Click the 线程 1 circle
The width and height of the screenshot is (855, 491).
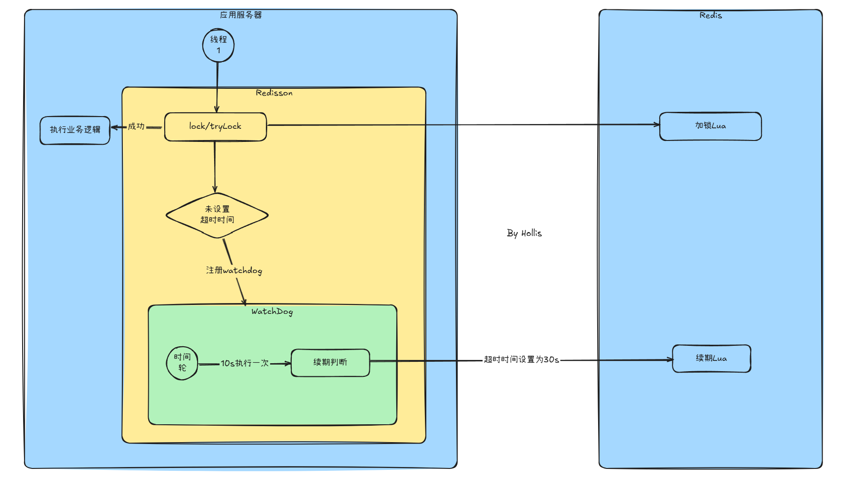tap(218, 45)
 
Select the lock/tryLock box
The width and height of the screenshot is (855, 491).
tap(216, 126)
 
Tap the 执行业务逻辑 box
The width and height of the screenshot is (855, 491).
tap(75, 130)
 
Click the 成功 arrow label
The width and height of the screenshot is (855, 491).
tap(136, 126)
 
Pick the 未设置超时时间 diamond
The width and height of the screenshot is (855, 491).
tap(217, 215)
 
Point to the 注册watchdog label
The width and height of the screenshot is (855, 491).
tap(234, 270)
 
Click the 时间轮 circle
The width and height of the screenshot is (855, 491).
tap(182, 363)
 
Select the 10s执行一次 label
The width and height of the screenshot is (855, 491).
tap(245, 363)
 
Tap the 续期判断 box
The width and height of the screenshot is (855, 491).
tap(330, 362)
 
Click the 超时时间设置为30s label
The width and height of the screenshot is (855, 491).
tap(521, 359)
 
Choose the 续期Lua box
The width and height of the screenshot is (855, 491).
tap(711, 359)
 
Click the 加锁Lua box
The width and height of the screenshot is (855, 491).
tap(711, 126)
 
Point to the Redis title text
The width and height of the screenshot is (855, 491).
tap(711, 16)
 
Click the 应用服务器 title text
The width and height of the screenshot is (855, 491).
tap(241, 15)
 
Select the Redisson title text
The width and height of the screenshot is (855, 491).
tap(274, 93)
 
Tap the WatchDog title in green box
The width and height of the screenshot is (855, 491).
tap(272, 312)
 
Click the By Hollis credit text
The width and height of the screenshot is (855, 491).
tap(524, 233)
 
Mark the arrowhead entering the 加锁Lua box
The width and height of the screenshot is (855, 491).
tap(657, 125)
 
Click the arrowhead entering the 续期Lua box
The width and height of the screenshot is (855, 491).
tap(670, 360)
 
